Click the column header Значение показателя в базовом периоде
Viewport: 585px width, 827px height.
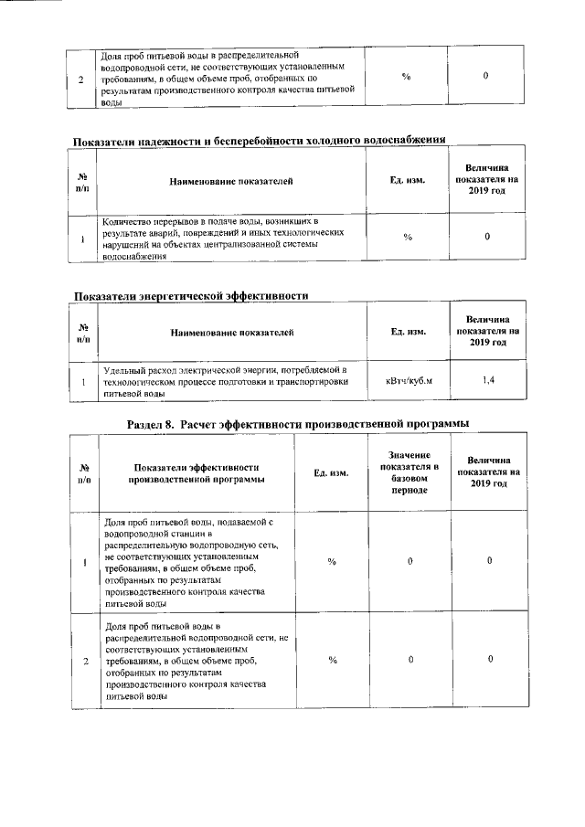click(410, 472)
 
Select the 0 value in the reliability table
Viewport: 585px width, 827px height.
click(488, 238)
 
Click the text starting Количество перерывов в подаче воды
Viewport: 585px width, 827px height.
click(218, 238)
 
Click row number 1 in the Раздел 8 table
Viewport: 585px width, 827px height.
click(84, 561)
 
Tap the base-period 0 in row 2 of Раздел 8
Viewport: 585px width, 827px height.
click(410, 659)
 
